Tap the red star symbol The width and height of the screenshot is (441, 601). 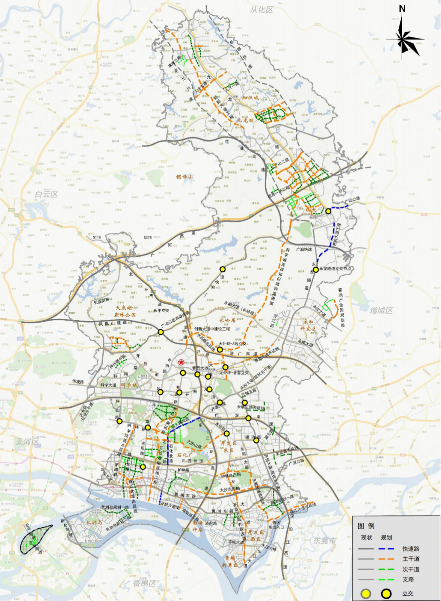coord(182,362)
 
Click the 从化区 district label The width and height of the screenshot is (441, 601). coord(261,10)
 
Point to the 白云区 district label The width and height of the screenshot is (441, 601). coord(46,194)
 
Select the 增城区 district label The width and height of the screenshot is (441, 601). coord(381,310)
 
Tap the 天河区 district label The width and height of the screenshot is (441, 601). coord(27,441)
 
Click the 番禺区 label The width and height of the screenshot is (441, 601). coord(144,583)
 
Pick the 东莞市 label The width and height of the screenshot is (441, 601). coord(325,541)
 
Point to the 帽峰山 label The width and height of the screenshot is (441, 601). coord(185,176)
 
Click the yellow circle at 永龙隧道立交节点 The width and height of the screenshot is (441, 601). coord(316,269)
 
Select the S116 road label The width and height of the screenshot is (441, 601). coord(97,237)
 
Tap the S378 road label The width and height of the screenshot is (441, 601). coord(147,237)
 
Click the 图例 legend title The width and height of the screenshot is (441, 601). coord(366,526)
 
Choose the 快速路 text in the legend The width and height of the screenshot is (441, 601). coord(411,548)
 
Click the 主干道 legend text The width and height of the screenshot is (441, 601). coord(411,559)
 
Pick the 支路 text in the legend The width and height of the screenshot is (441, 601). coord(408,579)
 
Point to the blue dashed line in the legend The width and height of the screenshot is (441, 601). coord(386,548)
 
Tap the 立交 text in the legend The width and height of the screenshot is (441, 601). coord(408,593)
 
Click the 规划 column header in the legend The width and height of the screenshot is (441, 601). coord(386,537)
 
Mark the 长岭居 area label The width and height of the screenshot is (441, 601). coord(227,320)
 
